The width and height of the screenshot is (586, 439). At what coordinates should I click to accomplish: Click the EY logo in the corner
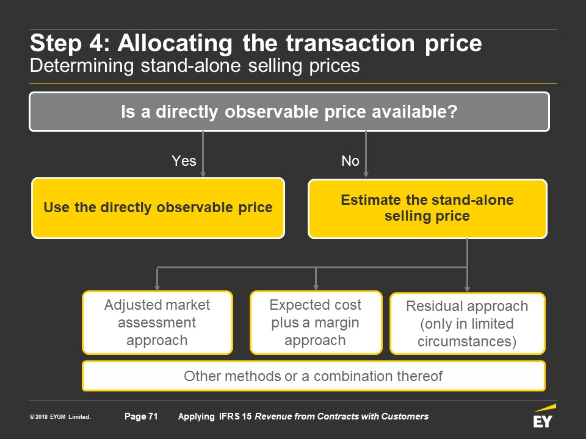coord(544,416)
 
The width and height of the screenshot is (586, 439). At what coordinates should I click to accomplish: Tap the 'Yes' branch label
coord(184,161)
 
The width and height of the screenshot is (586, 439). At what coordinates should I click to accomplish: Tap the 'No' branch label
coord(350,161)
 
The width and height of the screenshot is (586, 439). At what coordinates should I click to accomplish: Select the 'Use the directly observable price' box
coord(158,208)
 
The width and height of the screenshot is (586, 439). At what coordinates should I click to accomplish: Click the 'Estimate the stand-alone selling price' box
coord(427,209)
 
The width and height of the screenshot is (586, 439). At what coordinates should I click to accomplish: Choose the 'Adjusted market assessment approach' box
coord(157,323)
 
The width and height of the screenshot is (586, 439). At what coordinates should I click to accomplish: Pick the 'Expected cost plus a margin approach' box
coord(316,323)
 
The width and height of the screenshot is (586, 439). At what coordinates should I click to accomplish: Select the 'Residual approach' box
coord(467,323)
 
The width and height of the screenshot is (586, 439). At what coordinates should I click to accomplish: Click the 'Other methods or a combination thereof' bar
coord(314,376)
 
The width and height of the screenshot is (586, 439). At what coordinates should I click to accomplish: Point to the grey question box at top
coord(289,112)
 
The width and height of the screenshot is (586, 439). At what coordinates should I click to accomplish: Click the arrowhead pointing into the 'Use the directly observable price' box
coord(203,174)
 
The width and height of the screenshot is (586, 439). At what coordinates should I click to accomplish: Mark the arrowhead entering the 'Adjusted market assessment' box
coord(157,287)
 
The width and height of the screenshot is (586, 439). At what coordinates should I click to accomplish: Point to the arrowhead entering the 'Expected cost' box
coord(316,287)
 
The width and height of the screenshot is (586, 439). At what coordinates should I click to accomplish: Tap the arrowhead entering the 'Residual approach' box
coord(467,289)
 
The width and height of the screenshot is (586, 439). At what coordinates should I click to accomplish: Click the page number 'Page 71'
coord(141,416)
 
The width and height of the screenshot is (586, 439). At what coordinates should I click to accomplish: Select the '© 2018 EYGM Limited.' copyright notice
coord(60,417)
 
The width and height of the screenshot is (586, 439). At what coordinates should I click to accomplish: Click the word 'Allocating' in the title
coord(175,44)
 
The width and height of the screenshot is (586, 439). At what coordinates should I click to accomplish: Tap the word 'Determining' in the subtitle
coord(82,66)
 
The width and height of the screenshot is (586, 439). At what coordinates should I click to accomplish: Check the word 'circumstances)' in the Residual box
coord(467,341)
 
